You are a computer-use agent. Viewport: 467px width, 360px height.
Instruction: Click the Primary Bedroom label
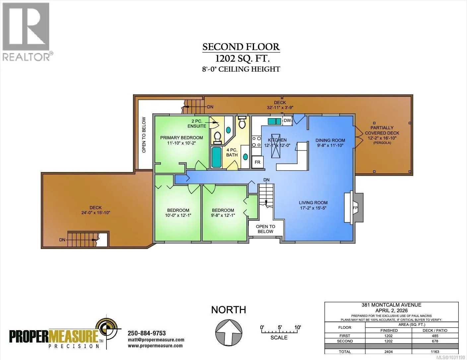tap(181, 138)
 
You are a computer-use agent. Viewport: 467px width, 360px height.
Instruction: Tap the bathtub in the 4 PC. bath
tap(216, 157)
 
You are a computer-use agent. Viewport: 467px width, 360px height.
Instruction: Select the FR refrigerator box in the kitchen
tap(257, 162)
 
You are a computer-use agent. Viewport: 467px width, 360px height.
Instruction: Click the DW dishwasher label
tap(287, 121)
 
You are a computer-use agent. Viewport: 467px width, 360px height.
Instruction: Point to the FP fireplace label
tap(355, 208)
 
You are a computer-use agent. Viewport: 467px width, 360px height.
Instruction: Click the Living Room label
tap(313, 203)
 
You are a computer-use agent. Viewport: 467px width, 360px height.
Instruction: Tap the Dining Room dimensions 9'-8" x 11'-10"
tap(330, 146)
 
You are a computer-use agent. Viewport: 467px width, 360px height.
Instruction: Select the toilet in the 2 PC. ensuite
tap(218, 138)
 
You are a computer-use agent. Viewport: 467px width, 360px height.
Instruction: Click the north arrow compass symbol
tap(229, 332)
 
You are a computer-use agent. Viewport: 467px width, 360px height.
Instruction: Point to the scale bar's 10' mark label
tap(298, 328)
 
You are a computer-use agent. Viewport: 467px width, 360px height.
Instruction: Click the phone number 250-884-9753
tap(147, 333)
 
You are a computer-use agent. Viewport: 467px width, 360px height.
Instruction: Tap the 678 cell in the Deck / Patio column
tap(435, 341)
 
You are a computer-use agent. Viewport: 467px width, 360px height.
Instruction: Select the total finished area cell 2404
tap(388, 352)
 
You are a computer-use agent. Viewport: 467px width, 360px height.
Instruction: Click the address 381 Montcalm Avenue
tap(391, 305)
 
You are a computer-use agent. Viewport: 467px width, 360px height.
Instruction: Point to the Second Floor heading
tap(241, 47)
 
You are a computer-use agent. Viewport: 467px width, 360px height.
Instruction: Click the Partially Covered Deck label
tap(382, 130)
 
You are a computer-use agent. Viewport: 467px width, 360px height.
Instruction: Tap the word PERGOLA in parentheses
tap(382, 143)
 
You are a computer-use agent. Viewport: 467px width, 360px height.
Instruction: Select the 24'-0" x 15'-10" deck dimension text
tap(96, 212)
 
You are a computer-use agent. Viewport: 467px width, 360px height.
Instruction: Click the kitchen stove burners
tap(256, 142)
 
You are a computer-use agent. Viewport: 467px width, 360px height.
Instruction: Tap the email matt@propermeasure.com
tap(156, 340)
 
